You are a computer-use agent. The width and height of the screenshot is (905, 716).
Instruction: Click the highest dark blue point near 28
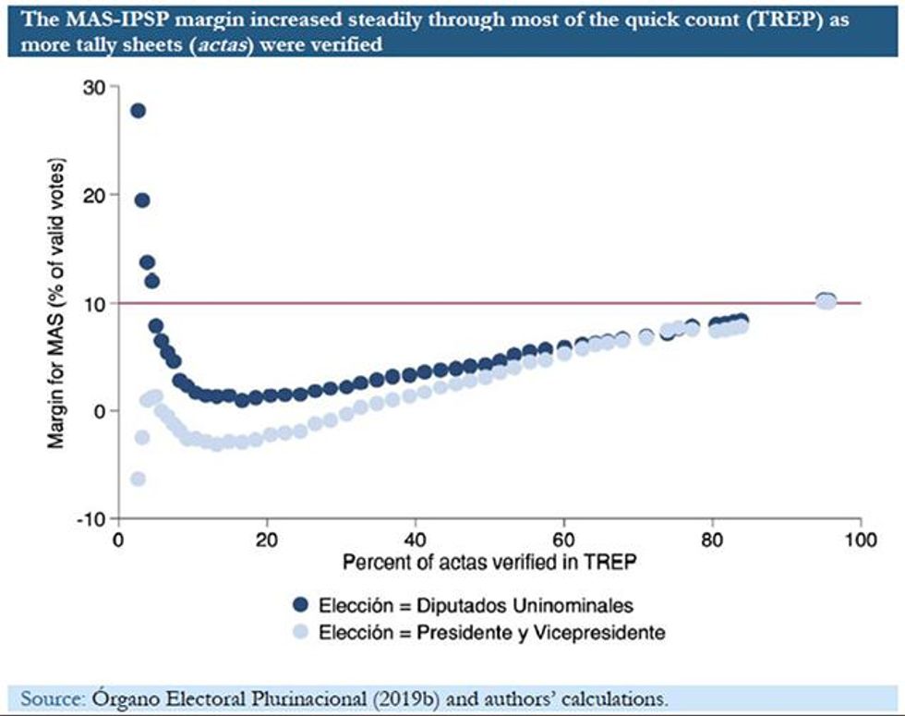tap(138, 111)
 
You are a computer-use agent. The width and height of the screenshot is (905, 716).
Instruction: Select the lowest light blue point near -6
tap(138, 479)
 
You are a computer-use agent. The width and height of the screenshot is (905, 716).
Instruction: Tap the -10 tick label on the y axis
tap(93, 519)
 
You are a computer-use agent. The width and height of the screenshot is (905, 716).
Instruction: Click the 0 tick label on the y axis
tap(101, 411)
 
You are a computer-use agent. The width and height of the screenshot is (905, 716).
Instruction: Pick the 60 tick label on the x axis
tap(563, 540)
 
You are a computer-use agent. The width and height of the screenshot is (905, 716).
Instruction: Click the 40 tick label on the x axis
tap(415, 540)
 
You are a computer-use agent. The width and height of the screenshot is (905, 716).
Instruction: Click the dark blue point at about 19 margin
tap(142, 200)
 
